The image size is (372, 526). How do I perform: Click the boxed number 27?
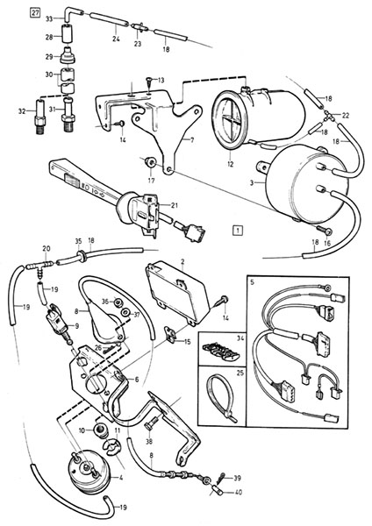(35, 13)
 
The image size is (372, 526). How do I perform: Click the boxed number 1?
(238, 231)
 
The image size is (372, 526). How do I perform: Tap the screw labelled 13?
(149, 82)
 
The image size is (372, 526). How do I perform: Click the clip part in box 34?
(222, 352)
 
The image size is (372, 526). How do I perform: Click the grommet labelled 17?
(149, 163)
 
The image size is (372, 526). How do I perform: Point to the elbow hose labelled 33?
(72, 15)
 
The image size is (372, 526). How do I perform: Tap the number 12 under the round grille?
(231, 165)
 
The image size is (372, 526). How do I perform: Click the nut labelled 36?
(118, 302)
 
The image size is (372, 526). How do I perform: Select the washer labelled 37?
(125, 313)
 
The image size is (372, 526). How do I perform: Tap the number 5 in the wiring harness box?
(253, 281)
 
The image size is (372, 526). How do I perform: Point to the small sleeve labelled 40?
(215, 492)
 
